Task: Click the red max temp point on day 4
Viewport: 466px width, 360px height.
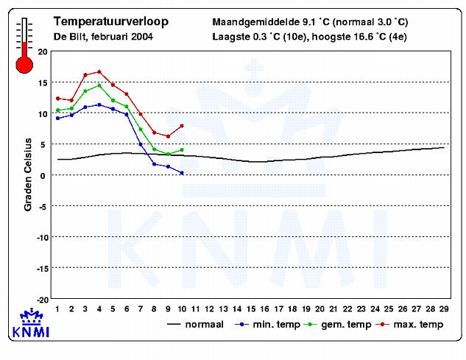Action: pos(99,72)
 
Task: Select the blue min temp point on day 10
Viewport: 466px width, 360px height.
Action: pos(182,173)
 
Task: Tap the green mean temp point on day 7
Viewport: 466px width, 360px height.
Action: pos(141,130)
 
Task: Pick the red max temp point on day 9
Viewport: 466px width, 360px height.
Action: pos(168,136)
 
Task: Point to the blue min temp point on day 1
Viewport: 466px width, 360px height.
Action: pos(58,119)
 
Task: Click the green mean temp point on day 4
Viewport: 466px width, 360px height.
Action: pos(99,85)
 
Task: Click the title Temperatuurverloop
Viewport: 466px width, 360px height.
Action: pos(111,21)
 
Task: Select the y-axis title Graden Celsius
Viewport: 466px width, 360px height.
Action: pos(28,174)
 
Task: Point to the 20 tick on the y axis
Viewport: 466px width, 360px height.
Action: pos(43,52)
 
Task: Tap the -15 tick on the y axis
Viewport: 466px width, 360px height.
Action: pos(42,269)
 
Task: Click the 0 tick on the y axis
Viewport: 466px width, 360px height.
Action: pos(43,176)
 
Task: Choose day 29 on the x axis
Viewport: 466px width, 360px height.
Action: pos(444,309)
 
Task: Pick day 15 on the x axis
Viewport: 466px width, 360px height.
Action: pos(251,309)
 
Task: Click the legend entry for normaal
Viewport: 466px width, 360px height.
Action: pos(195,325)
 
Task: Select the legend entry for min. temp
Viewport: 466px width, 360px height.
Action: pos(267,325)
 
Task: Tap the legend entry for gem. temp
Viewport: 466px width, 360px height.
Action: pos(337,325)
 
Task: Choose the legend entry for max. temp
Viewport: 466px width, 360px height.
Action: pos(409,325)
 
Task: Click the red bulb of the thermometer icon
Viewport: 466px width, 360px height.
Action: pos(24,65)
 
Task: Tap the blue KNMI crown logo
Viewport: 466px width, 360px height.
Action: pos(31,323)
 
